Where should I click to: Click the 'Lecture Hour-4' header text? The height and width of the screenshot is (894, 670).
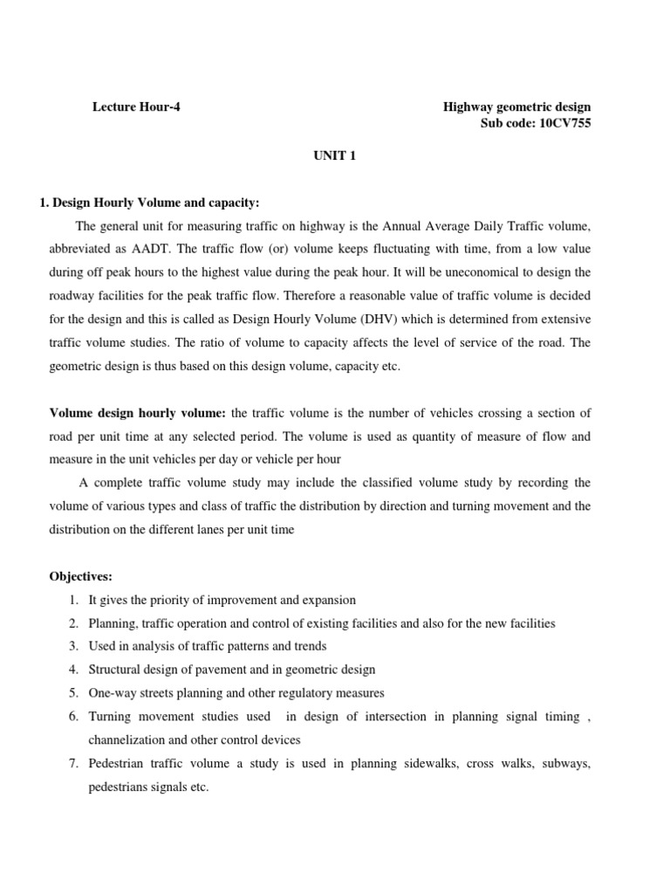pyautogui.click(x=137, y=107)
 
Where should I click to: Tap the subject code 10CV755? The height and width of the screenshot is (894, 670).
pyautogui.click(x=562, y=124)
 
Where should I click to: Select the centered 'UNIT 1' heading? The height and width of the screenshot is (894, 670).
pyautogui.click(x=335, y=156)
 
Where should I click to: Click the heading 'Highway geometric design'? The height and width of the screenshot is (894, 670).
pyautogui.click(x=516, y=107)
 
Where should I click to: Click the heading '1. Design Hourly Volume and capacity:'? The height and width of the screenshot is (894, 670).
pyautogui.click(x=149, y=203)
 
